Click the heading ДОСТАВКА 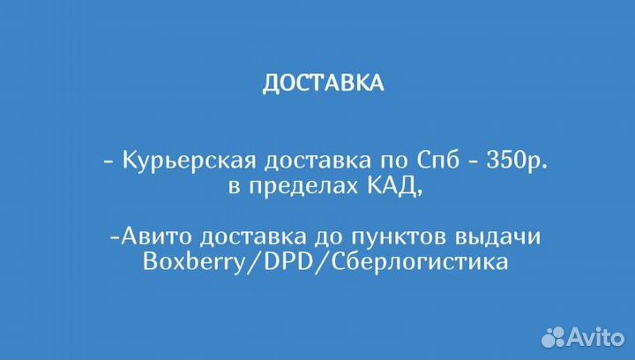(323, 83)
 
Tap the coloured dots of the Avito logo (554, 336)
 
